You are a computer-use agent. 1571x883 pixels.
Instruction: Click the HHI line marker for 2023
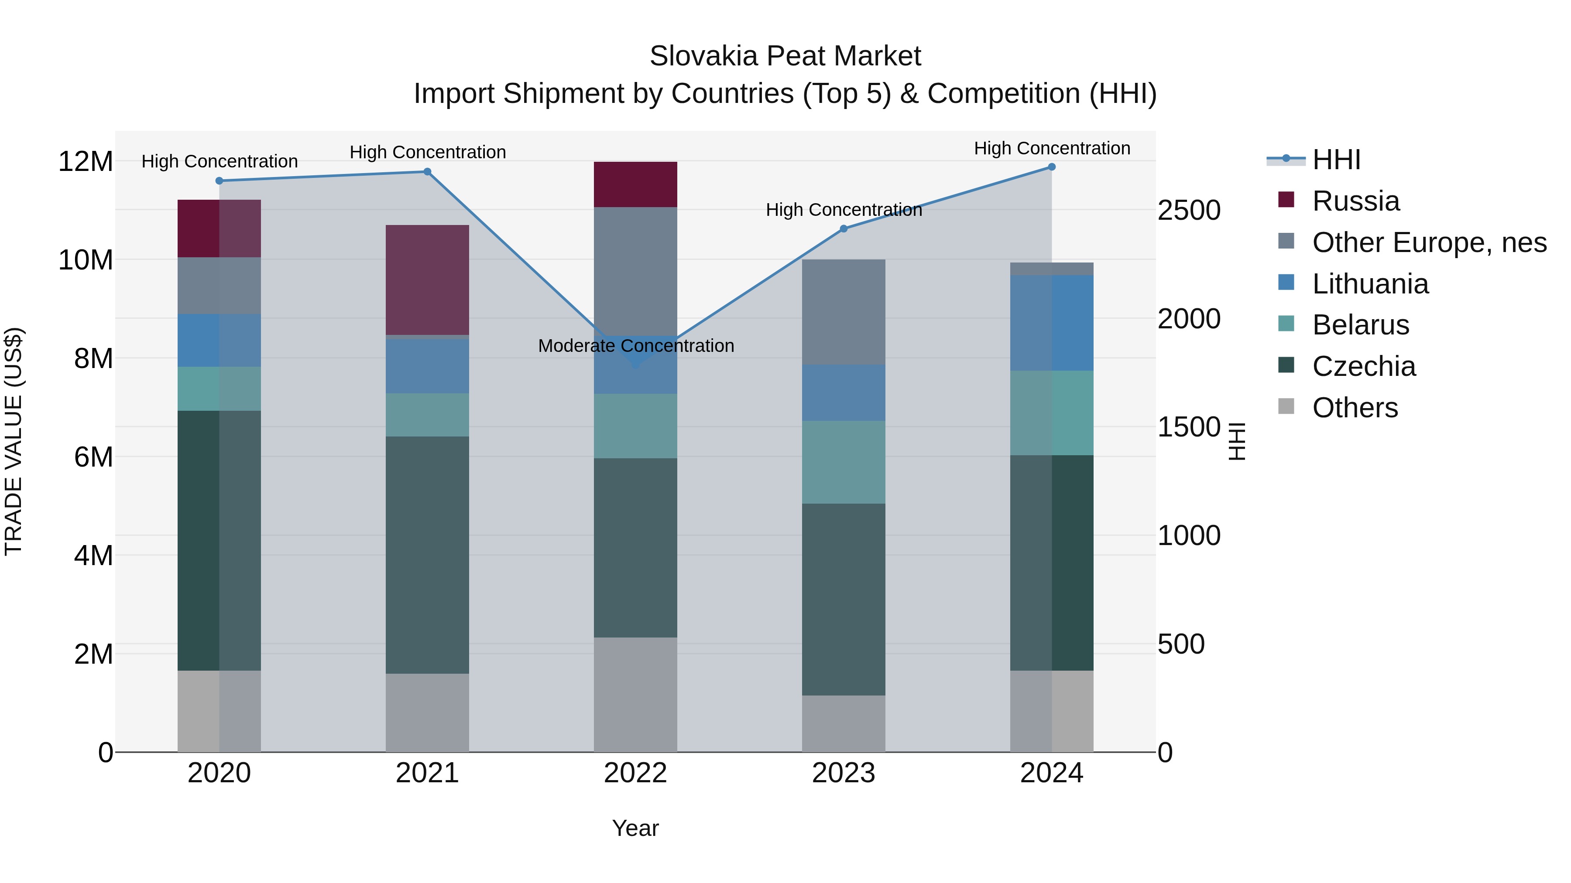tap(844, 229)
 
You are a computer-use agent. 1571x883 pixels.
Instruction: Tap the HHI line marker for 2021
tap(428, 172)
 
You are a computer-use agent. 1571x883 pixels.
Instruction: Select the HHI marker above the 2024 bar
tap(1051, 167)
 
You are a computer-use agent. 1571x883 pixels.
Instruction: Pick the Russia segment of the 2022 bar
tap(635, 184)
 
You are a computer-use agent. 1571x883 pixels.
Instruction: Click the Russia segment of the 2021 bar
tap(428, 280)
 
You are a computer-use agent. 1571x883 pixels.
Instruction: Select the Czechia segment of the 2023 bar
tap(844, 599)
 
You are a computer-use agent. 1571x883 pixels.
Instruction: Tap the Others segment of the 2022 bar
tap(635, 694)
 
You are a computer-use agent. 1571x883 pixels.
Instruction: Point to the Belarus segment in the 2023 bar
tap(844, 462)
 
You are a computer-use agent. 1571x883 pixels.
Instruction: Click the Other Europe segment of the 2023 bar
tap(844, 312)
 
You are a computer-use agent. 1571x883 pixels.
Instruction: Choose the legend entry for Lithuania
tap(1370, 284)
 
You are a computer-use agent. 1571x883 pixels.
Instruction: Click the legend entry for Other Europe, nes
tap(1429, 242)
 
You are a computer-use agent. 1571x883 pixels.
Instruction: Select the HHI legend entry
tap(1336, 160)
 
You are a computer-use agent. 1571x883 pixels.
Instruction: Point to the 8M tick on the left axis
tap(93, 358)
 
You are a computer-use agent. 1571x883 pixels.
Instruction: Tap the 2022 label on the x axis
tap(635, 773)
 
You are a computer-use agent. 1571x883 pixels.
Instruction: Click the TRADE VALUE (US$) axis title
tap(14, 441)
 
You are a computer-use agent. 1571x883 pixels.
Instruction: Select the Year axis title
tap(635, 828)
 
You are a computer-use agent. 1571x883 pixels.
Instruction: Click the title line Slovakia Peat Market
tap(785, 56)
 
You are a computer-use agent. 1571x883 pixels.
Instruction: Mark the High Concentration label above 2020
tap(220, 161)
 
